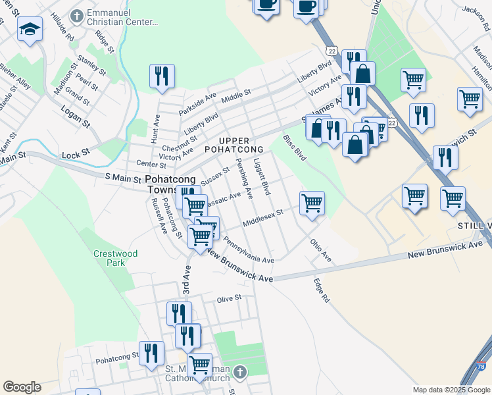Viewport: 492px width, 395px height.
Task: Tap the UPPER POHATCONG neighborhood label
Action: pos(241,145)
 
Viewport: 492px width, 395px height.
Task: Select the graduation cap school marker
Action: pos(30,30)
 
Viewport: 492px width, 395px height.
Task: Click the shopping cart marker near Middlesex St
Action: pos(312,203)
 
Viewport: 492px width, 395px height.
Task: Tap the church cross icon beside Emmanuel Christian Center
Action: pos(78,15)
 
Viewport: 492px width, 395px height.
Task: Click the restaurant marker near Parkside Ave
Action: pos(161,76)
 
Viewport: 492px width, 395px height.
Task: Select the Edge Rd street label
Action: pos(321,290)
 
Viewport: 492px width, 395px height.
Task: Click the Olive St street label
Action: pos(230,298)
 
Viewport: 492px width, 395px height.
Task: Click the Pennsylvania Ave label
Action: pos(248,251)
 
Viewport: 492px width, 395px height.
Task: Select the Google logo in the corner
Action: pos(22,387)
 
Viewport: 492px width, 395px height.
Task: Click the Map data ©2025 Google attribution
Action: pos(451,390)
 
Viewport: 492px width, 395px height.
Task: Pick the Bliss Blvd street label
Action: pos(294,148)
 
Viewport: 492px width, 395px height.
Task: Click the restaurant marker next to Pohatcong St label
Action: pos(152,353)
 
